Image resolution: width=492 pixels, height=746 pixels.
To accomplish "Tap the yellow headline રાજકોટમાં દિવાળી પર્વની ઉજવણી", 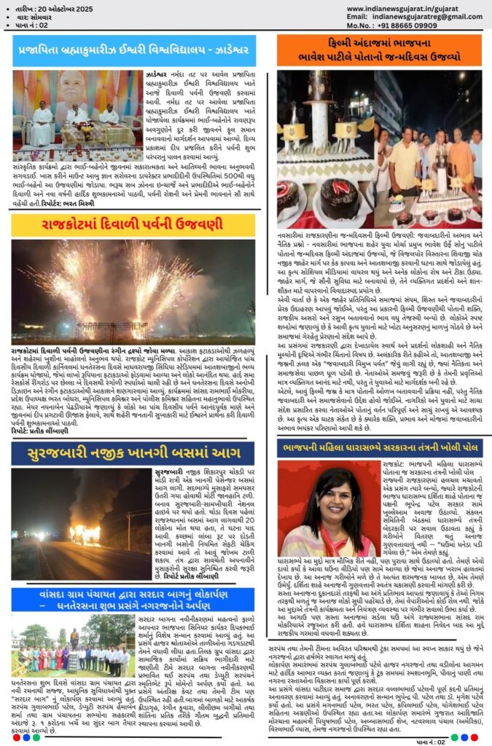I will click(133, 225).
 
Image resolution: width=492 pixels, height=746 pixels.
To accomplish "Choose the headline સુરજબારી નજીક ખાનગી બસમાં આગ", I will click(133, 454).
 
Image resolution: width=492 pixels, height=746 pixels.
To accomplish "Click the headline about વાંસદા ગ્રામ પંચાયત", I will click(133, 600).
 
